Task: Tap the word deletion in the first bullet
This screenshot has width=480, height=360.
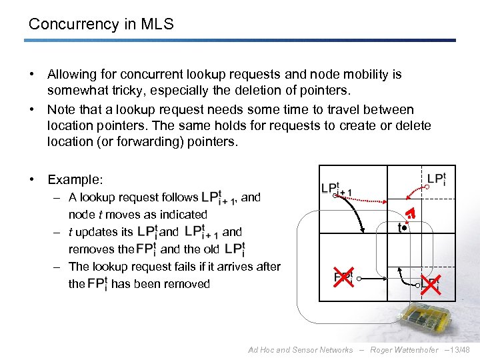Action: (254, 90)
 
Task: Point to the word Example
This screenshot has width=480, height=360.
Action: (75, 180)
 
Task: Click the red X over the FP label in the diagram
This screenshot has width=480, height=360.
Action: (343, 277)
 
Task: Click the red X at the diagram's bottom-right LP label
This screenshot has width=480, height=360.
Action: (430, 285)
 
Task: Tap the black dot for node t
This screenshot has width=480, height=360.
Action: (404, 227)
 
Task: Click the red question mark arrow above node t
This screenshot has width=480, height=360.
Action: (411, 213)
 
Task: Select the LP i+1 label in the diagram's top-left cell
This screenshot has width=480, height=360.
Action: (337, 189)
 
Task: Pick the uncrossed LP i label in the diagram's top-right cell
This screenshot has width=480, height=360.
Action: (436, 179)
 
